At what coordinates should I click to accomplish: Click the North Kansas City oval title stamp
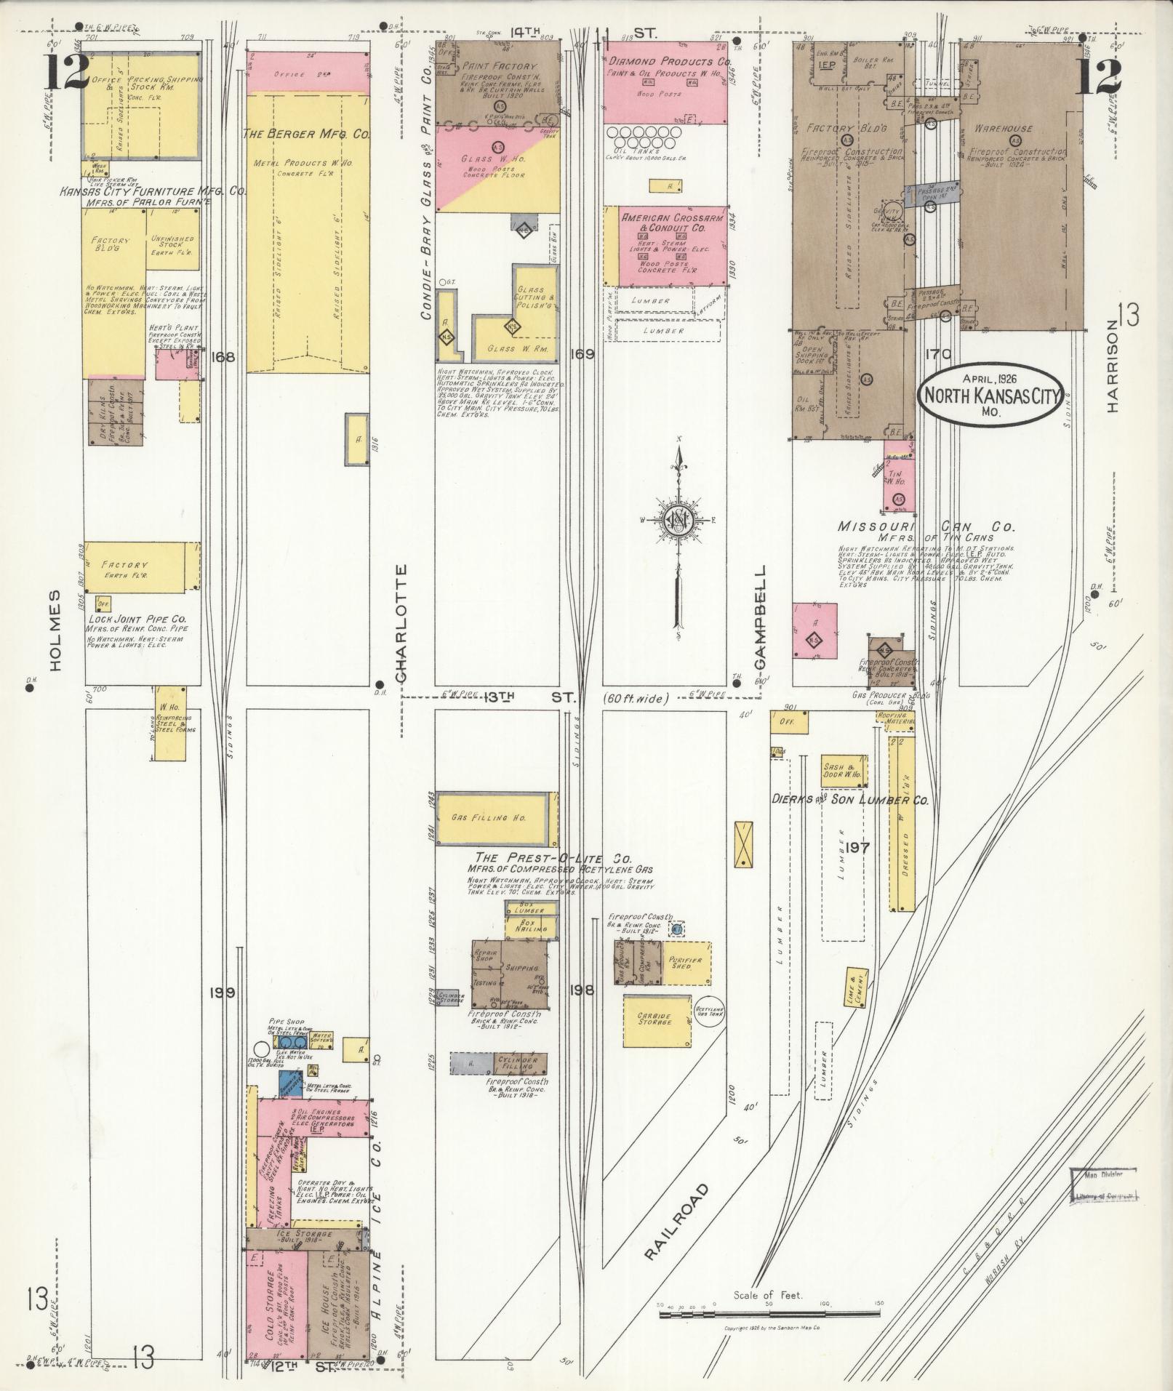click(x=990, y=396)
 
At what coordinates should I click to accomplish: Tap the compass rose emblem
click(x=676, y=520)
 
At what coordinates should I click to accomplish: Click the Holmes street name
click(x=59, y=629)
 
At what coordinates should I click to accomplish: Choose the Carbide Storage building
click(x=657, y=1021)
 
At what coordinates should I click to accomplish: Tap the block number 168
click(x=222, y=357)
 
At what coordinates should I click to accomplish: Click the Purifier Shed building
click(x=685, y=963)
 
